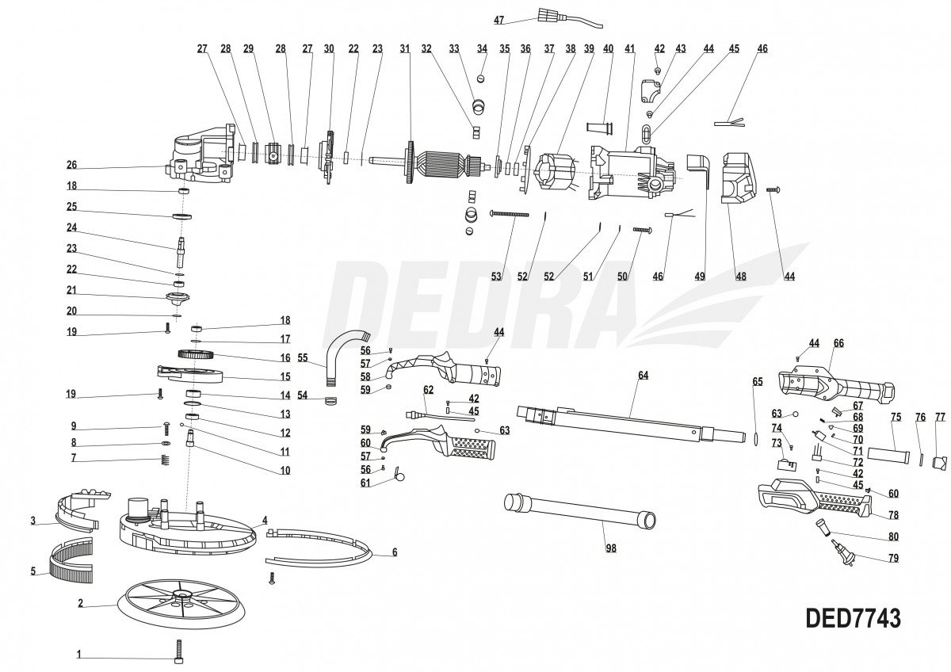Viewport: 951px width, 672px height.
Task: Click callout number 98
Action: [609, 548]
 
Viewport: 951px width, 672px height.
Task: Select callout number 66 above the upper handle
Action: [838, 343]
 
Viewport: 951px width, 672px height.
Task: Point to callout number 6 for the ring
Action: [395, 552]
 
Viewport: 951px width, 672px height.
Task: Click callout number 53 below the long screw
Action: [497, 277]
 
